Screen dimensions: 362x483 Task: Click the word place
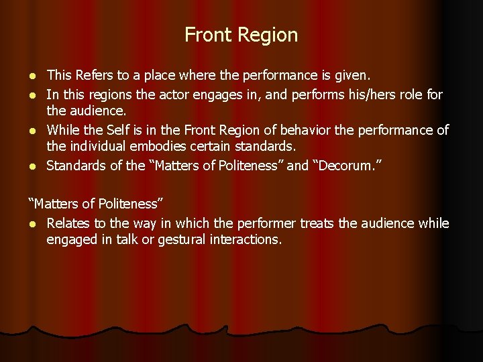pos(174,75)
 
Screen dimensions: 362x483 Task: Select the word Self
pos(118,129)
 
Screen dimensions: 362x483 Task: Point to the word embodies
pos(164,147)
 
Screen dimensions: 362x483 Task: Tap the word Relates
pos(68,223)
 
